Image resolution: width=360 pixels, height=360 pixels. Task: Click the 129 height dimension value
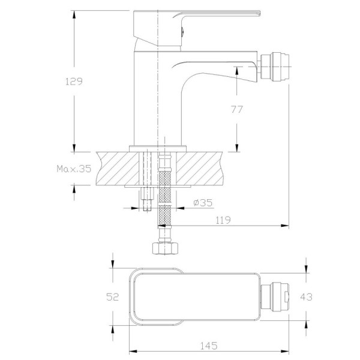point(74,82)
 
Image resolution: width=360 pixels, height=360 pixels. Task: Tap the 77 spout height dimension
point(237,110)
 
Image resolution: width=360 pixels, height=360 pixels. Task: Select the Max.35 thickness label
point(74,169)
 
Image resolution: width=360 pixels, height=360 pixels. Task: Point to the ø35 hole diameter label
point(203,203)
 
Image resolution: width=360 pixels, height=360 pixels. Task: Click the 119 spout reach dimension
point(223,220)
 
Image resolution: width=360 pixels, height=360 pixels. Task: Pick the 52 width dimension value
point(113,297)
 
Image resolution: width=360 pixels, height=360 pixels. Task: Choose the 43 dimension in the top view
point(306,297)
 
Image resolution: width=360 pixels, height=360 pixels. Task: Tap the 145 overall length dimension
point(209,346)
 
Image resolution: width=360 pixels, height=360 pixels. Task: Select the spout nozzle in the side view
point(275,67)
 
